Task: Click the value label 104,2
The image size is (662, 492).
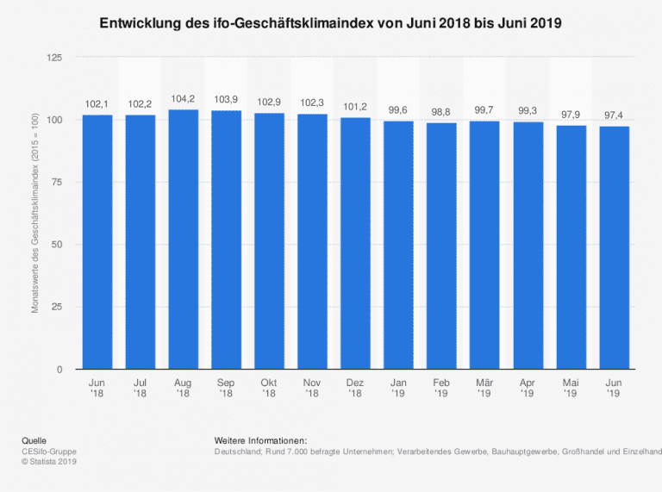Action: pos(184,99)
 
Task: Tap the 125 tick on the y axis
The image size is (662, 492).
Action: pos(54,58)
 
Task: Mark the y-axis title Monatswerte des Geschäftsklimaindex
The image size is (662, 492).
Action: pos(35,213)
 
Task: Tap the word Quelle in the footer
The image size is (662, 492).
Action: pos(34,440)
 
